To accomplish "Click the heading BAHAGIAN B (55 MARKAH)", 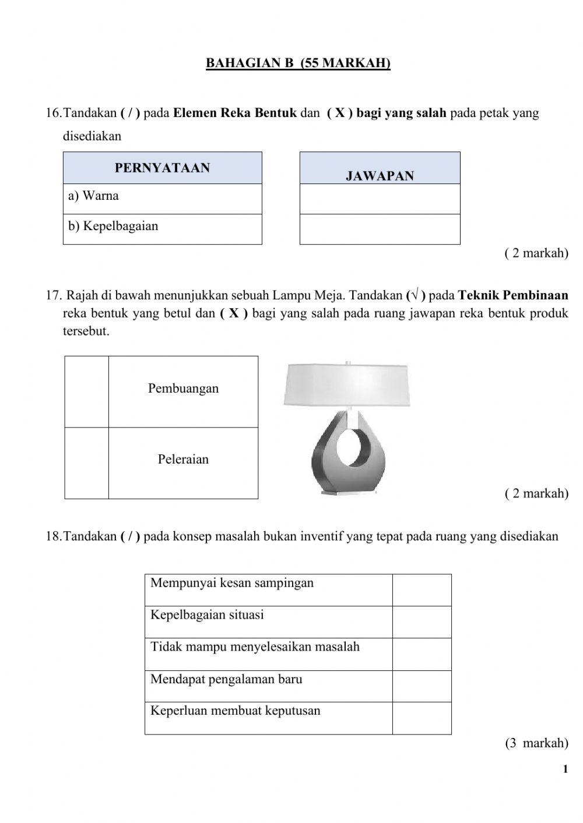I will (298, 63).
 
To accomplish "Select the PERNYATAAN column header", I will (162, 168).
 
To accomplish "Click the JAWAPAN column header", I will (380, 175).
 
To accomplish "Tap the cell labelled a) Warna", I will (162, 199).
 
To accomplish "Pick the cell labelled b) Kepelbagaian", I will (162, 229).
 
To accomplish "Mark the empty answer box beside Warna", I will (380, 199).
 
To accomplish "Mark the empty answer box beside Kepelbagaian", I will (380, 229).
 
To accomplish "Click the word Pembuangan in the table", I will (183, 388).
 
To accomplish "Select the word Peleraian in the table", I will (183, 460).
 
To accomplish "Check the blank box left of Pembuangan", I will (86, 392).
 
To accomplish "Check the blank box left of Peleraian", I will (86, 463).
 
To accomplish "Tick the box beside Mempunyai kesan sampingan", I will (422, 590).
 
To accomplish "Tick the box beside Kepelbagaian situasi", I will (422, 622).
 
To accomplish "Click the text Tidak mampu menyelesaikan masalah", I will (255, 647).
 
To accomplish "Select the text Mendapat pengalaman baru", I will (226, 679).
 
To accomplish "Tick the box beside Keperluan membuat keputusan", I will (422, 718).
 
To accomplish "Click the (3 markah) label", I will (536, 743).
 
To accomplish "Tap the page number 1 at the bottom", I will (565, 769).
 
